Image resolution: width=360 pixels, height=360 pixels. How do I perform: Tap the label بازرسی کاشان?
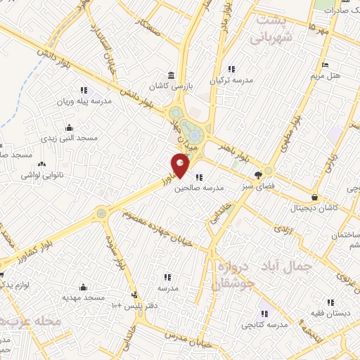[x=169, y=86]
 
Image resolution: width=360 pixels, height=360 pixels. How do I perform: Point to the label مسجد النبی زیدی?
[x=69, y=138]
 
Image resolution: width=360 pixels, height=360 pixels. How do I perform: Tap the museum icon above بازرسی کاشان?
[x=169, y=75]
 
